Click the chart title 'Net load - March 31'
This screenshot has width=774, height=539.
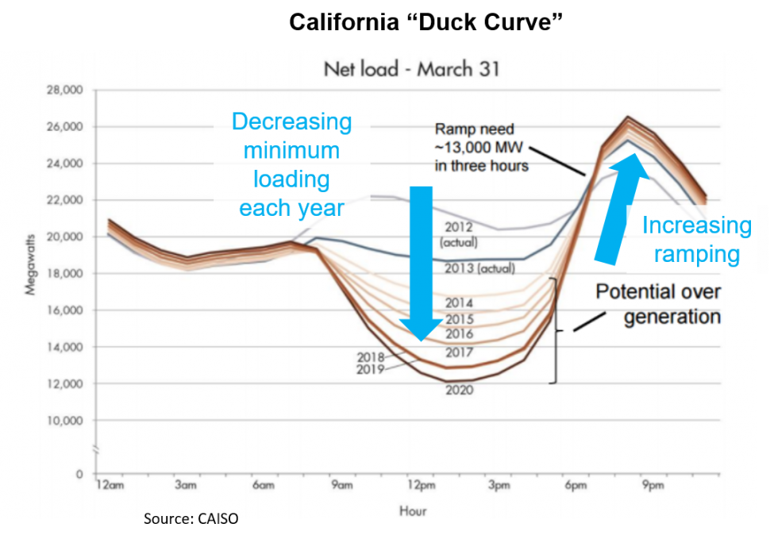click(411, 69)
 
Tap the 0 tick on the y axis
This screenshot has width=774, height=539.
click(79, 475)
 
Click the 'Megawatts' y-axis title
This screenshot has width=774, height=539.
click(31, 264)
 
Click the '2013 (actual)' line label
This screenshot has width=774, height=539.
click(479, 268)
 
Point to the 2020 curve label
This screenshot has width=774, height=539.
click(459, 390)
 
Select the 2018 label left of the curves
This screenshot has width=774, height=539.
click(371, 357)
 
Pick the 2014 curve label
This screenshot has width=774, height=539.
click(459, 302)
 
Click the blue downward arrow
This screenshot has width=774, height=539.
click(421, 262)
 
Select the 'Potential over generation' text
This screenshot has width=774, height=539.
click(658, 304)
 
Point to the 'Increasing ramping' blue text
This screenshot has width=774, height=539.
click(696, 240)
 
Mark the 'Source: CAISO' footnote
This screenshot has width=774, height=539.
click(191, 517)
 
